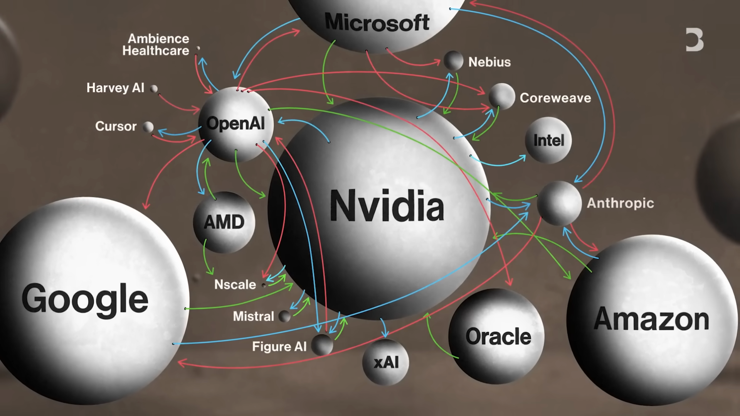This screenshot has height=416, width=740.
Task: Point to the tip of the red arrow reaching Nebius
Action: (x=441, y=61)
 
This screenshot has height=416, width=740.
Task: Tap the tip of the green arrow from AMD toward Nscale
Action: (x=213, y=274)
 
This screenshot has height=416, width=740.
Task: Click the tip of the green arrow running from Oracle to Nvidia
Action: (x=427, y=313)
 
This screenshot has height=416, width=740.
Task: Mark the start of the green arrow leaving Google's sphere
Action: (x=185, y=309)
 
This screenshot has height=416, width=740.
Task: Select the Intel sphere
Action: (x=548, y=140)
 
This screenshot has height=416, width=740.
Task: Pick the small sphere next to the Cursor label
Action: (x=148, y=127)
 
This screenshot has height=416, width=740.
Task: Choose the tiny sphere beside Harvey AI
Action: (x=154, y=89)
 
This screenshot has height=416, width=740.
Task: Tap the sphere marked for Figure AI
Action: (x=322, y=345)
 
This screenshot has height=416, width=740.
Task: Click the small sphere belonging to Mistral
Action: (x=284, y=316)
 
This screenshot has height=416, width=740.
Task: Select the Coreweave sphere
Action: (x=502, y=96)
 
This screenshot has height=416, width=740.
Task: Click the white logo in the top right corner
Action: (x=695, y=40)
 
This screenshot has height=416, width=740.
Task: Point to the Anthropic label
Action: (x=620, y=203)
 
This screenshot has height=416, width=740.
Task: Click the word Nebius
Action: (x=489, y=62)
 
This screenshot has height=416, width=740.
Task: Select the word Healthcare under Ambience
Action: (x=156, y=51)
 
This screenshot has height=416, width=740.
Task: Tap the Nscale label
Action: (x=235, y=284)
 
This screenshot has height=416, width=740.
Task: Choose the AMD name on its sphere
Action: (x=224, y=222)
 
